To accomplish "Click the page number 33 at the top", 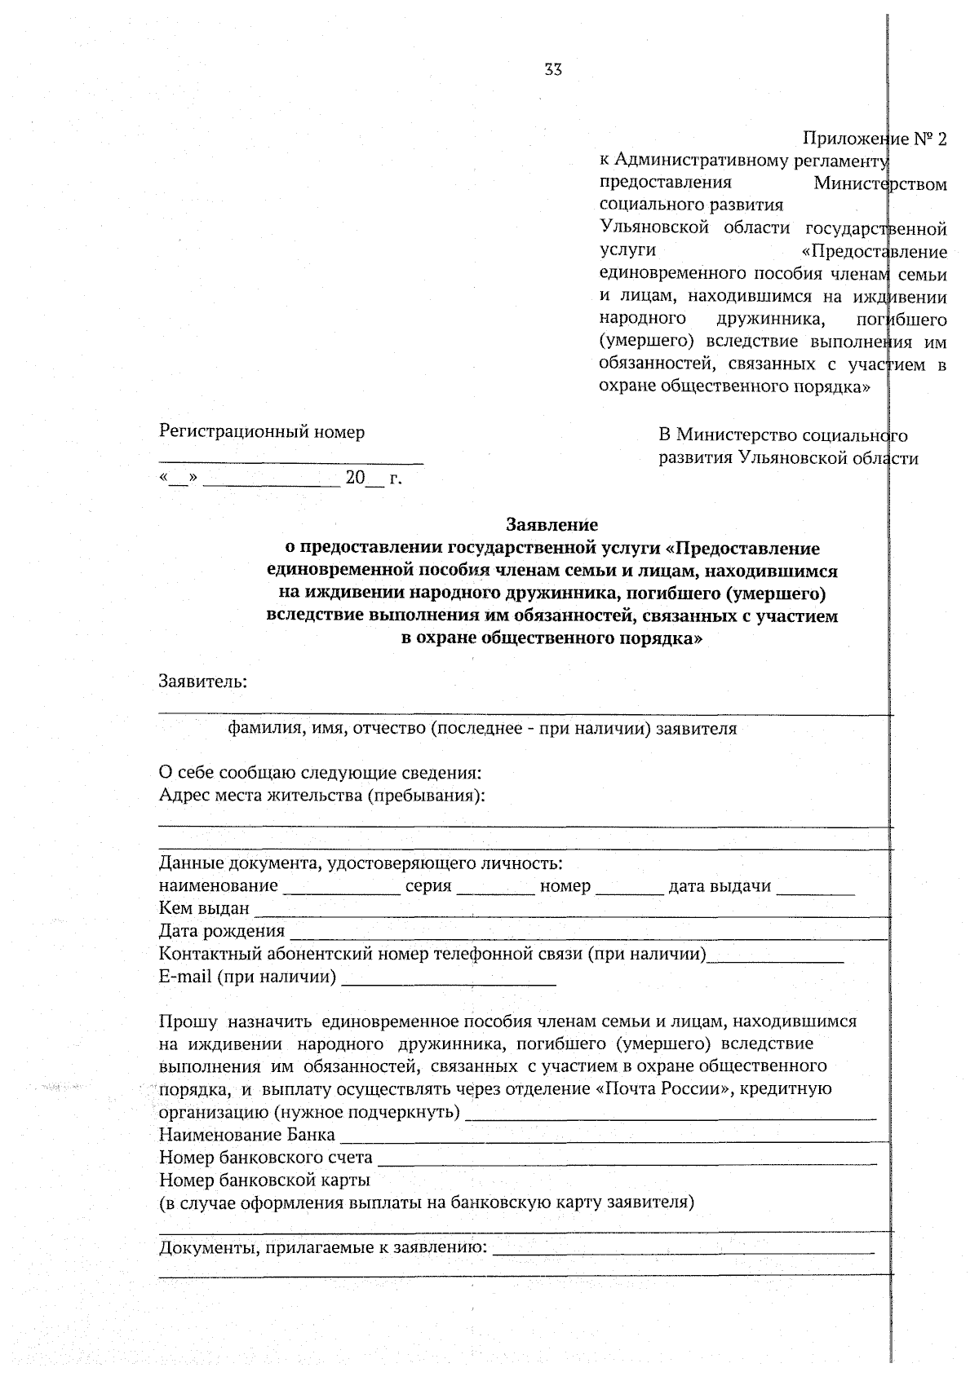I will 553,70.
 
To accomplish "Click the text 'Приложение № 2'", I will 875,139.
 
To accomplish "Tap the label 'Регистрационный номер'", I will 261,432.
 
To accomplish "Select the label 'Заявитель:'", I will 203,681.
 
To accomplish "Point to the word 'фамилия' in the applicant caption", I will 259,729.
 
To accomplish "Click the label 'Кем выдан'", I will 204,909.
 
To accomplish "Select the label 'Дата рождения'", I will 221,931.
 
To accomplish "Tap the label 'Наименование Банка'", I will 246,1135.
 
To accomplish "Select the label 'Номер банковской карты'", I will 264,1180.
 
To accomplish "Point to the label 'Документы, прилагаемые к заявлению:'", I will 323,1247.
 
